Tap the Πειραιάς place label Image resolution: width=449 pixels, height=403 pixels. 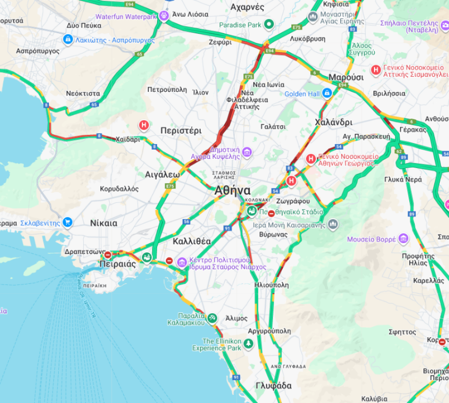[117, 264]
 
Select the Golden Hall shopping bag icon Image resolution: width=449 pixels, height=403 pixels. [328, 93]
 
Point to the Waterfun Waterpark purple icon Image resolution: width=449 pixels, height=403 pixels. [164, 16]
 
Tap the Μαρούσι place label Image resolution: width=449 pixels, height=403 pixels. [345, 77]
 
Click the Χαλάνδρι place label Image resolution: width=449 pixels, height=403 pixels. [334, 123]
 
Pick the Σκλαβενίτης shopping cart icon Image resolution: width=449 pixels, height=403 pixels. [67, 223]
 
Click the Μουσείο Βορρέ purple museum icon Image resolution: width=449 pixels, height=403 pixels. [404, 239]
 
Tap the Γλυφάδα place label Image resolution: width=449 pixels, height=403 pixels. [273, 386]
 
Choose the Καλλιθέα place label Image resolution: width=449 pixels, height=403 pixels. [192, 241]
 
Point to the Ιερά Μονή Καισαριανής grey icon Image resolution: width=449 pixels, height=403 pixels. [333, 224]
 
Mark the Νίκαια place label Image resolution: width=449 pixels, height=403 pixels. [104, 223]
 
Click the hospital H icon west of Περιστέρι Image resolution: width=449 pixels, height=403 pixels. [144, 125]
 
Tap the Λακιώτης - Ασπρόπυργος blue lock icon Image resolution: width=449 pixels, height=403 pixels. [67, 39]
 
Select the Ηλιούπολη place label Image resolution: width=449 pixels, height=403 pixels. [271, 285]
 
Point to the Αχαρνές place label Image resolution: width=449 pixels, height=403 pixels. [247, 7]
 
